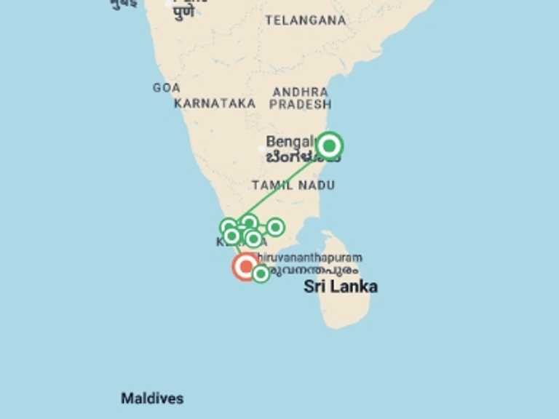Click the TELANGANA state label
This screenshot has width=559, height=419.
click(x=305, y=20)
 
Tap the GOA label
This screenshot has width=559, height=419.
click(x=166, y=88)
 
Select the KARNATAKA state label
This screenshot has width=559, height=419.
click(x=215, y=103)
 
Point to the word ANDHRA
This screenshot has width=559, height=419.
click(x=300, y=92)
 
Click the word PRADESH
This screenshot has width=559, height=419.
click(x=300, y=105)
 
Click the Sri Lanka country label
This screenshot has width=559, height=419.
click(x=340, y=287)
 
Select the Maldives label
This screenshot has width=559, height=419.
click(x=152, y=399)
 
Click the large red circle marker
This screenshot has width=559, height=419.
click(x=245, y=266)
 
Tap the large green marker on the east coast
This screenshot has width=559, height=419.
click(x=330, y=146)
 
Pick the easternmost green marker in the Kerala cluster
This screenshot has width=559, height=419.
click(x=275, y=228)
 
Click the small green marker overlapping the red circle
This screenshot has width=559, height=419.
click(x=261, y=274)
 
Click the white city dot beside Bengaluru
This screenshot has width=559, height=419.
click(x=263, y=148)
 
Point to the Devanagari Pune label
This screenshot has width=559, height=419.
click(x=183, y=12)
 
